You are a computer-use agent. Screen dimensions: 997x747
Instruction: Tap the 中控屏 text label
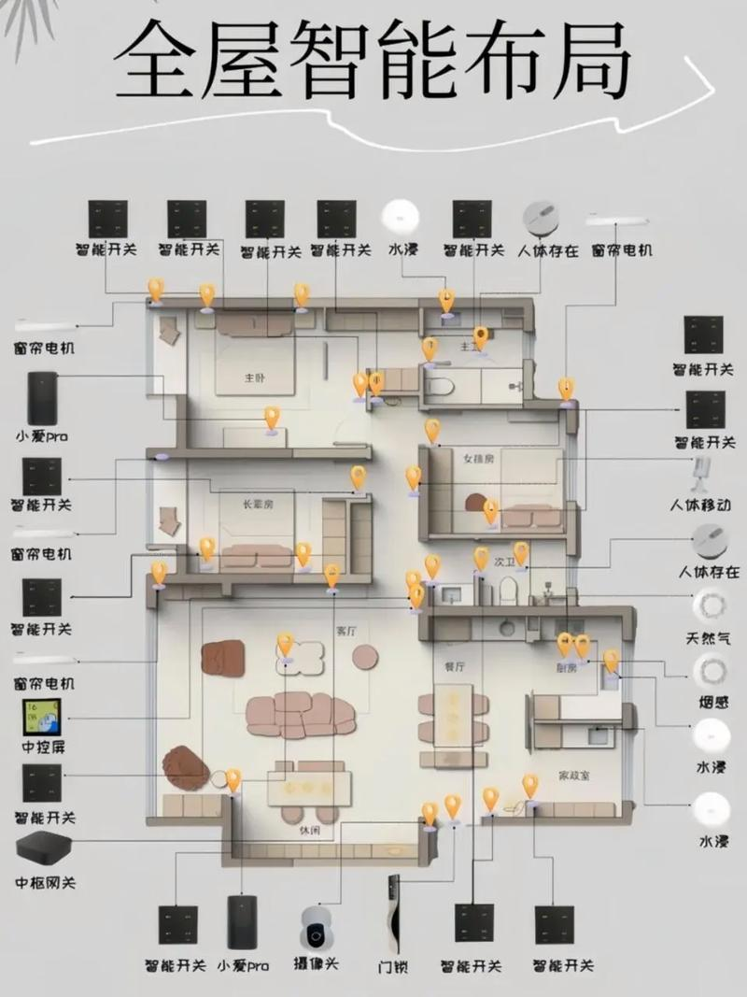[41, 748]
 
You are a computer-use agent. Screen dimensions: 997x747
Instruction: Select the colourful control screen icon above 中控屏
[41, 717]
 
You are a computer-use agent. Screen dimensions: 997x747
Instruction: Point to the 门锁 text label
[394, 965]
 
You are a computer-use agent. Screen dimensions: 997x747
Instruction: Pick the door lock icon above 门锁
[394, 914]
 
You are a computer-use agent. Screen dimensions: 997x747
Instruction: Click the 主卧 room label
[254, 378]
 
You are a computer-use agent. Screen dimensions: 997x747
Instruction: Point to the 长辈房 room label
[259, 505]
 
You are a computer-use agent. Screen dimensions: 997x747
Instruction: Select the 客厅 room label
[345, 632]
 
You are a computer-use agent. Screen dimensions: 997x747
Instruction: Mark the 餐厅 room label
[455, 666]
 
